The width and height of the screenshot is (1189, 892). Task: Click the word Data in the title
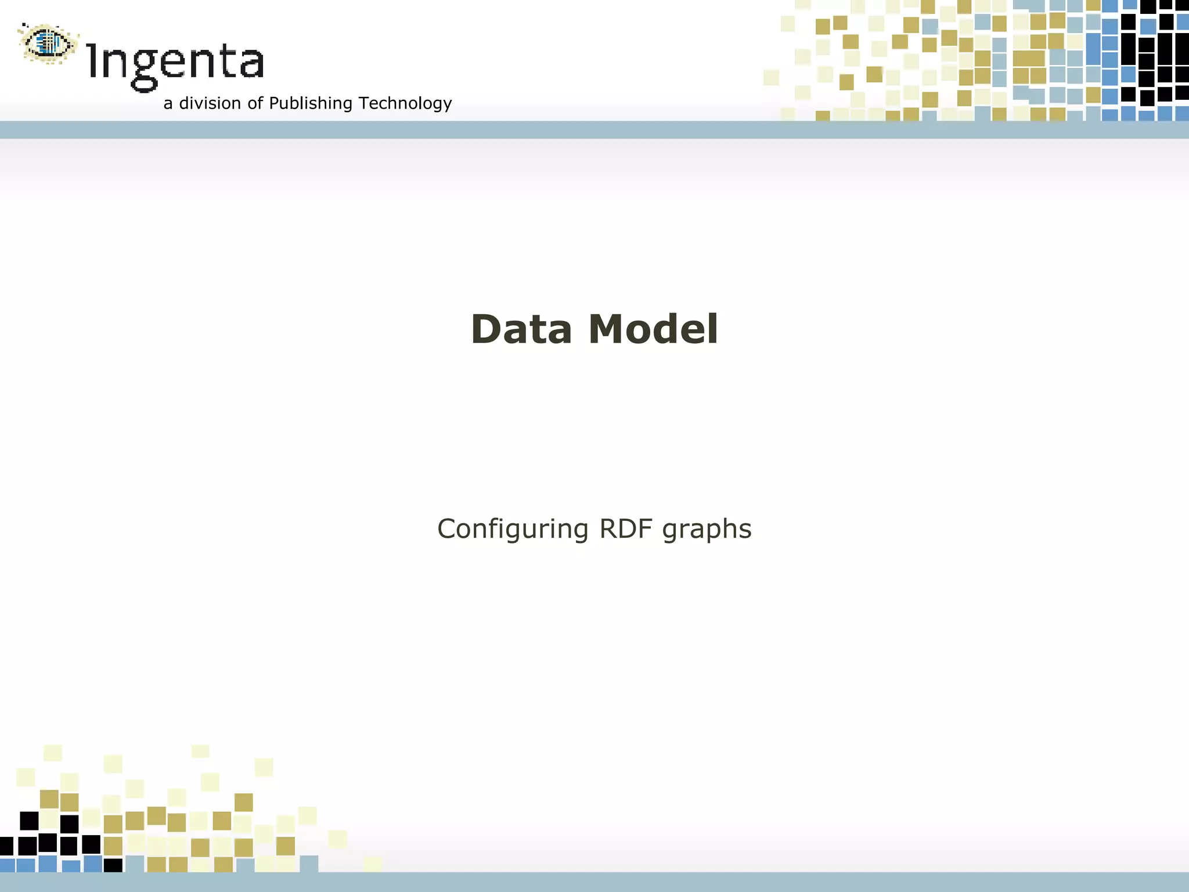click(521, 329)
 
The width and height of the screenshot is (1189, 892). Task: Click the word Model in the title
click(653, 329)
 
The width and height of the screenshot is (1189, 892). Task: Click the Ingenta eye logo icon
click(48, 43)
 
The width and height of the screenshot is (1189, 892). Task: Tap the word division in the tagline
click(210, 103)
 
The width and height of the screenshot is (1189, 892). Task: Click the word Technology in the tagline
click(405, 103)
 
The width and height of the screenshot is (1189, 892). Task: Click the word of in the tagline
click(255, 103)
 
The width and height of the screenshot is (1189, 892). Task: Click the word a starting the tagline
click(168, 104)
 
